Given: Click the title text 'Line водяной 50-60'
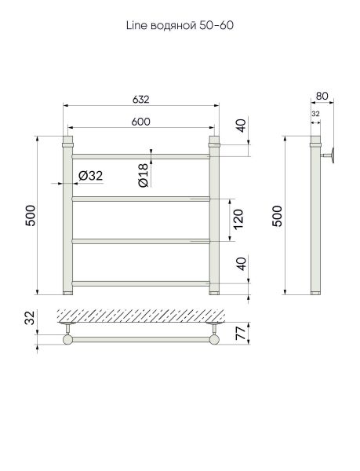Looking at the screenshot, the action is (x=180, y=26).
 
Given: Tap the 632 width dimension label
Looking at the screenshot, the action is (x=140, y=99).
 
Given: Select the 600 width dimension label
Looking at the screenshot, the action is (x=140, y=122).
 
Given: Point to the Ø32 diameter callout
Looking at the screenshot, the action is (x=90, y=176).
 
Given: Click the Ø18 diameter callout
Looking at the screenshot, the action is (x=144, y=175).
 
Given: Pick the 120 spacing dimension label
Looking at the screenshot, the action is (x=238, y=220).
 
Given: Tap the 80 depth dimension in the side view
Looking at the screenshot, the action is (x=322, y=96).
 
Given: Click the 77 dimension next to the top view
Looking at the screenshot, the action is (x=242, y=333).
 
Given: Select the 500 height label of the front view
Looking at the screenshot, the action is (x=31, y=216).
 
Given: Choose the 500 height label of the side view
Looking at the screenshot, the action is (x=277, y=216).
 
